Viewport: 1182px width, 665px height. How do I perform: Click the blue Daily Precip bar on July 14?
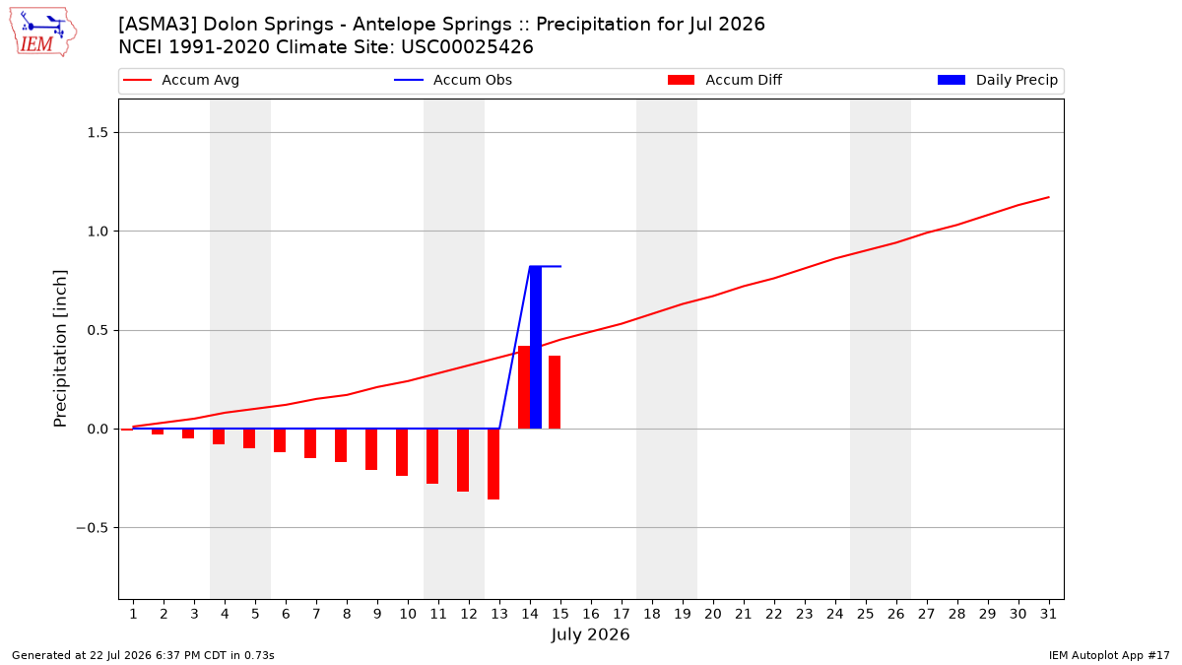tap(536, 347)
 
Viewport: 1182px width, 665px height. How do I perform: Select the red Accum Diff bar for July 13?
tap(493, 464)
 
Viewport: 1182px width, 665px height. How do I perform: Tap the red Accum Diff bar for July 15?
tap(555, 392)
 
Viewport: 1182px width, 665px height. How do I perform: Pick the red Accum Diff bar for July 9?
tap(371, 449)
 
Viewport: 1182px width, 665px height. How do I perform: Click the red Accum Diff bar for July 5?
tap(249, 438)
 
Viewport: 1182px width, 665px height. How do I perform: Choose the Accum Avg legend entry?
tap(181, 80)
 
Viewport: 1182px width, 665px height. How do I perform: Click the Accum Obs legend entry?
tap(453, 80)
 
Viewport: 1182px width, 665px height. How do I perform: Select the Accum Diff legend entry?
tap(725, 80)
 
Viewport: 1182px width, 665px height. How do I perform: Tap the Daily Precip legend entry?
tap(997, 80)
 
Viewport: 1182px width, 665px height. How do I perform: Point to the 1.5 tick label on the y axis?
tap(98, 132)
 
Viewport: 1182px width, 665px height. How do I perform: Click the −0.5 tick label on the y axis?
tap(93, 528)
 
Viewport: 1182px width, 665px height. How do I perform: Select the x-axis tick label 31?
tap(1048, 614)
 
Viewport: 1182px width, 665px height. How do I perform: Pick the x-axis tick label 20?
tap(713, 614)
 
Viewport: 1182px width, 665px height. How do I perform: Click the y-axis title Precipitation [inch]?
tap(60, 349)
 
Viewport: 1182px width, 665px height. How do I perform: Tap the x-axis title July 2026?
tap(590, 634)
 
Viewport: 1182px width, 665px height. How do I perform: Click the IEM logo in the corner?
tap(43, 33)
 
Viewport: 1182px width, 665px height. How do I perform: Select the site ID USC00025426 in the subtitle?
tap(467, 47)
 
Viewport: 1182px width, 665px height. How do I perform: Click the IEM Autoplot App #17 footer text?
tap(1109, 655)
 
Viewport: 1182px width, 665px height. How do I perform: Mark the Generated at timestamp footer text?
tap(143, 655)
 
